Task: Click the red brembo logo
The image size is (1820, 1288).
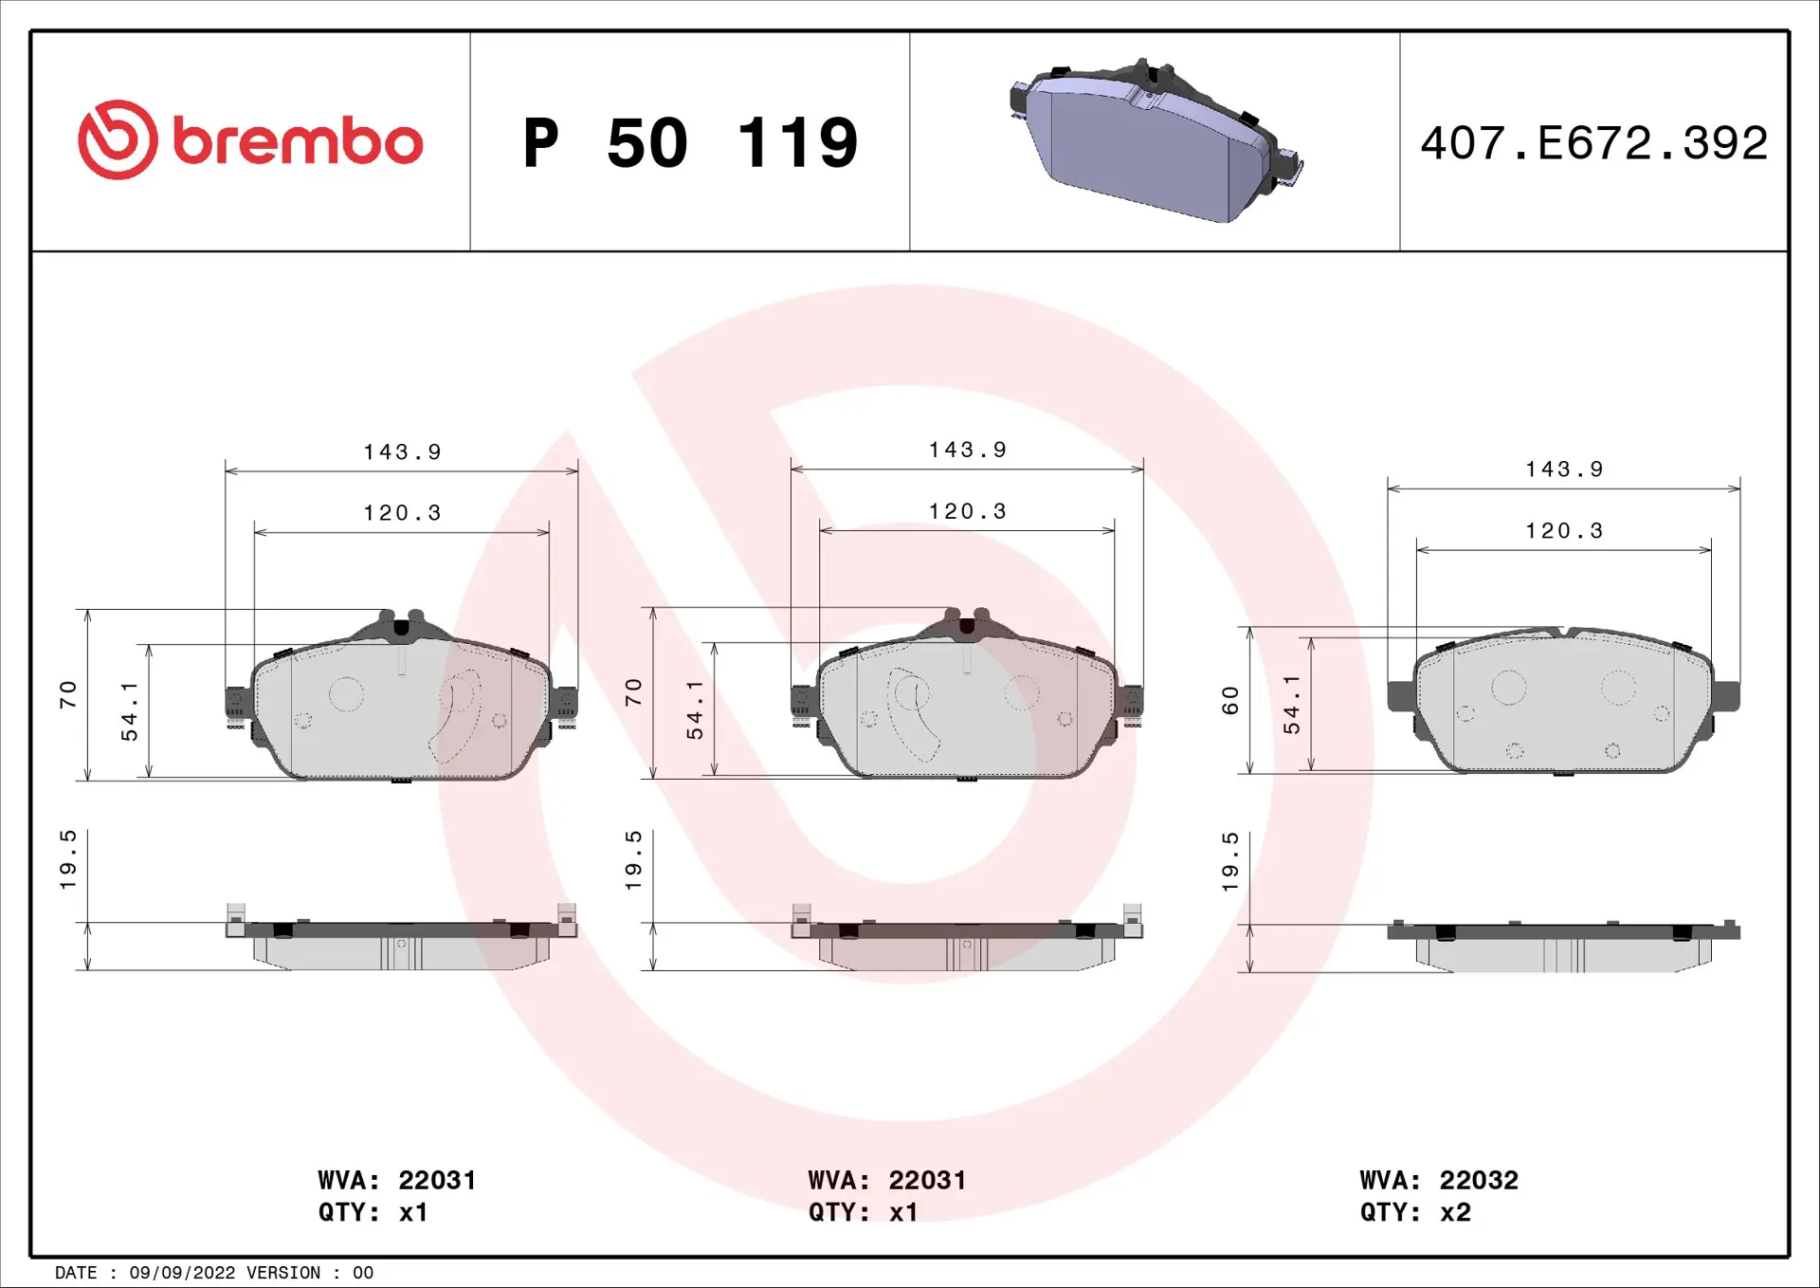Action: [249, 140]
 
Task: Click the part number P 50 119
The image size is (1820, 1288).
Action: [690, 143]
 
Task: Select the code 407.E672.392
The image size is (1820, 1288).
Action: [1593, 143]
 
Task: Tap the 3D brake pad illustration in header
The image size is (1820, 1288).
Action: [1155, 142]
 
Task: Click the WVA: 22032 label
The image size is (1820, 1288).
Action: [1438, 1180]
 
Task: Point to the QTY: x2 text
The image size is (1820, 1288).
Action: [1414, 1212]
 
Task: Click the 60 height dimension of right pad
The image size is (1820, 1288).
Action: [1229, 701]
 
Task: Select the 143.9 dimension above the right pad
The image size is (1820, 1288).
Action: [1563, 469]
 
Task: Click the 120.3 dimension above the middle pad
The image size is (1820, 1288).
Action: [966, 511]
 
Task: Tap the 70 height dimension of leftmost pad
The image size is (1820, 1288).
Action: [67, 694]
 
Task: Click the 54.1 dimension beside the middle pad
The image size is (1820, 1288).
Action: [695, 709]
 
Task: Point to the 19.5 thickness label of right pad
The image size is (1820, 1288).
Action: [1229, 861]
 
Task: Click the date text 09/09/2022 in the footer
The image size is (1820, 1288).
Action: [182, 1273]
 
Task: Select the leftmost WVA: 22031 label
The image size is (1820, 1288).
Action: [396, 1180]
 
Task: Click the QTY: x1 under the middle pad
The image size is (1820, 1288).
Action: [863, 1212]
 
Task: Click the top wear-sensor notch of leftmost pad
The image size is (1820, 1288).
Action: [401, 627]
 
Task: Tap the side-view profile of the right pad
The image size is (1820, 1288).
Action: [1563, 948]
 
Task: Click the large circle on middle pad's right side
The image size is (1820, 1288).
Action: [1022, 692]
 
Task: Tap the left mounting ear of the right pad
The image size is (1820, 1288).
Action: [1400, 695]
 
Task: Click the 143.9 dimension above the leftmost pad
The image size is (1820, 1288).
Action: [402, 452]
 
